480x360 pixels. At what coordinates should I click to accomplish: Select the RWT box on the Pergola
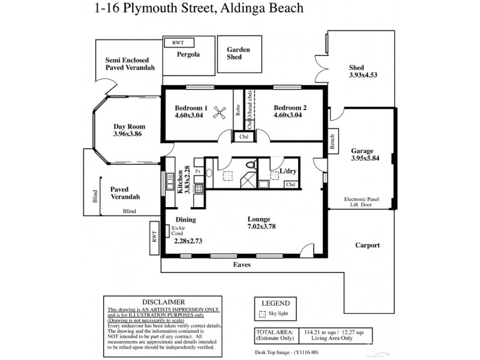[178, 43]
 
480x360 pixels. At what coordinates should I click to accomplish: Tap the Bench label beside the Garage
[332, 141]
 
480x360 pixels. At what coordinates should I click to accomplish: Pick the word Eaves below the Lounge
[242, 264]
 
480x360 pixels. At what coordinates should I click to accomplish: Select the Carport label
[367, 245]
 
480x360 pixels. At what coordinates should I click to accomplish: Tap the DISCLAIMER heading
[164, 301]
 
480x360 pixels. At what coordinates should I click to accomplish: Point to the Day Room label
[129, 127]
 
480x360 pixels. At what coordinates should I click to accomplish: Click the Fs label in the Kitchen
[198, 172]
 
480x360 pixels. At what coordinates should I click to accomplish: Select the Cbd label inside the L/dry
[290, 184]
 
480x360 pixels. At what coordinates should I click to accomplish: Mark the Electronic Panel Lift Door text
[362, 202]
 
